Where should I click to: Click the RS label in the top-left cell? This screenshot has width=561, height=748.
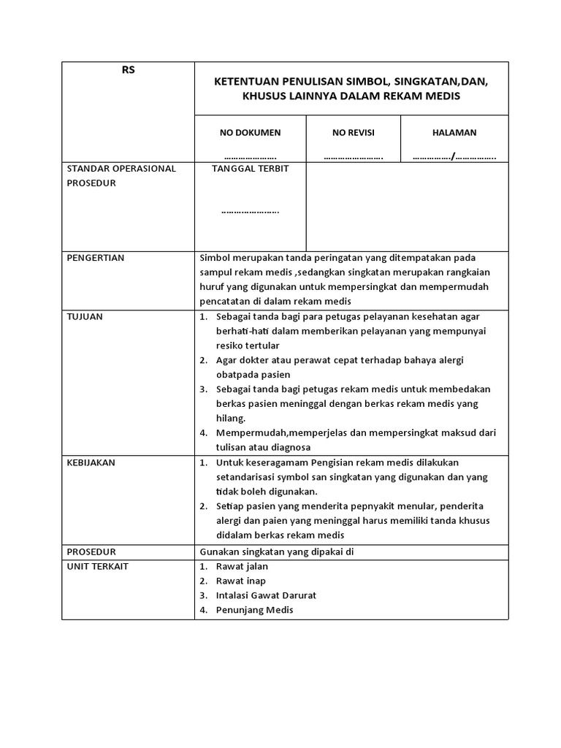point(128,70)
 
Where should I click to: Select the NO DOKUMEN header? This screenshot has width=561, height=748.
point(250,132)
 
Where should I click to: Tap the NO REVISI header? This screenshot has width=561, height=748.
point(354,132)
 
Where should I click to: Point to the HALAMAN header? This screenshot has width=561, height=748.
point(454,132)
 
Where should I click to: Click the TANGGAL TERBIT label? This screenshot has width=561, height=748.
point(250,169)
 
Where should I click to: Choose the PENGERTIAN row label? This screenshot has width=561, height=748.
point(96,258)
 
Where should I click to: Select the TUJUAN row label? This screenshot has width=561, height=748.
point(84,316)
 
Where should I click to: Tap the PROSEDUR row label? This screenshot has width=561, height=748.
point(91,552)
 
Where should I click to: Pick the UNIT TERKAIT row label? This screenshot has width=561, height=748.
point(96,566)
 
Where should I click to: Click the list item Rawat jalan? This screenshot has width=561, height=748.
point(242,566)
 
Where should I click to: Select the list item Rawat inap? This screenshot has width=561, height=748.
point(240,581)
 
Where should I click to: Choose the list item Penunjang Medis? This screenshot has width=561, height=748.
point(254,610)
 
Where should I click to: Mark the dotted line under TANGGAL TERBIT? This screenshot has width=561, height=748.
point(250,212)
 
